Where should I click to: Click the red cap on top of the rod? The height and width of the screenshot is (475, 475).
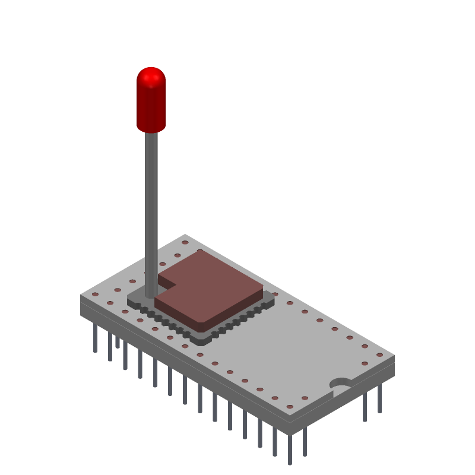[x=151, y=101]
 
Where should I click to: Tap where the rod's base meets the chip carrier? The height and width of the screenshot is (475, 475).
[x=151, y=294]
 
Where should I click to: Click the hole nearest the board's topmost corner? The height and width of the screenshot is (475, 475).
[x=185, y=242]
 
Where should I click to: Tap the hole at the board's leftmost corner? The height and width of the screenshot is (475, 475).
[x=95, y=294]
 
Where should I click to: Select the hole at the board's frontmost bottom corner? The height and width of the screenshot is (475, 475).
[x=290, y=407]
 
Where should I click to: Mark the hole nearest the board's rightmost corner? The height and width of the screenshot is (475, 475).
[x=379, y=355]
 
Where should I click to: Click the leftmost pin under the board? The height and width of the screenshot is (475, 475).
[x=95, y=338]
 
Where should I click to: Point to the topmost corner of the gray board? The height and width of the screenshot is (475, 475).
[x=185, y=235]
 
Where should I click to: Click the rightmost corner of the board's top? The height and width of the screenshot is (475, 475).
[x=394, y=356]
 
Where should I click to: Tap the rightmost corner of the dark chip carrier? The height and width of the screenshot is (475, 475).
[x=274, y=300]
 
